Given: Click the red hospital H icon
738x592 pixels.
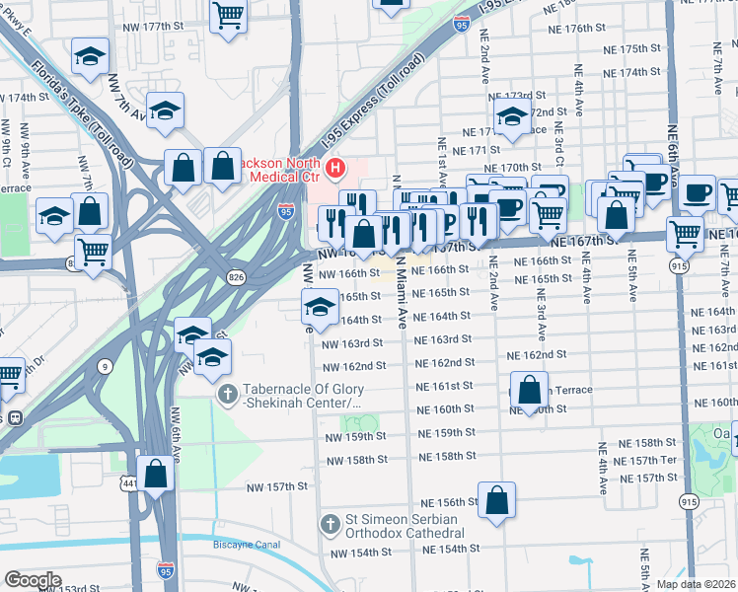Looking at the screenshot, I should pos(335,170).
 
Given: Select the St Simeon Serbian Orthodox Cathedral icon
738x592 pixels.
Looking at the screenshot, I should pos(332,523).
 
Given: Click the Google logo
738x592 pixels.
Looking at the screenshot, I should pos(33,580).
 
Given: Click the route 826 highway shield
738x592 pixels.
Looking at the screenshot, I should pos(237,277).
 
